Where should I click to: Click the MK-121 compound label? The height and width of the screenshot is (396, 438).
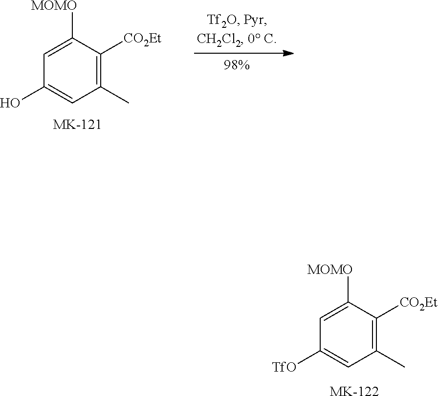[77, 126]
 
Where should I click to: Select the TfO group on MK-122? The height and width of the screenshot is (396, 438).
[285, 366]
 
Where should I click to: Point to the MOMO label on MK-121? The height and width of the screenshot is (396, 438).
[53, 6]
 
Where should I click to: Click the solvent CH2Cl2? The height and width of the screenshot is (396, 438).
[218, 40]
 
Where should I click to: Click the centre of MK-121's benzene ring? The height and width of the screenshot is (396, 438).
[72, 71]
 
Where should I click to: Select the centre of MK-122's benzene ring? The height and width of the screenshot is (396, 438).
[349, 334]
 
